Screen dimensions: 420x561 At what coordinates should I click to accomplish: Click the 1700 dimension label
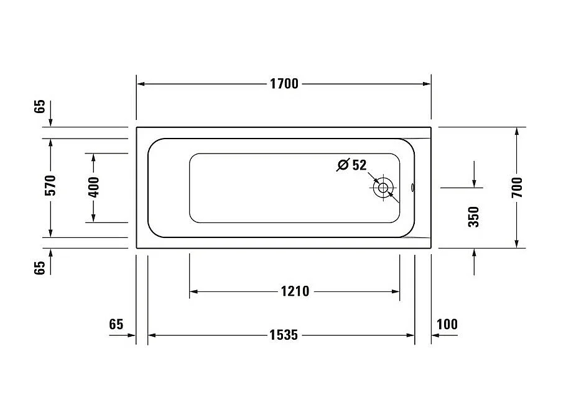(284, 84)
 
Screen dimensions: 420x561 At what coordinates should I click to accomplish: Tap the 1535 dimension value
(284, 335)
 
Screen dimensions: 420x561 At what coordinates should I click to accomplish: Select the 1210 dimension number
(295, 291)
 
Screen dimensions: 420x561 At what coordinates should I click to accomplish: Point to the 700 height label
(517, 187)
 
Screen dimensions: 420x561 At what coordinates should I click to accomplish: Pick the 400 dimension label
(94, 187)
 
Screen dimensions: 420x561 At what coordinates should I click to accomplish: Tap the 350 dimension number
(474, 217)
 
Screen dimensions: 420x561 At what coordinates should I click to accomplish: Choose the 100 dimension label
(447, 324)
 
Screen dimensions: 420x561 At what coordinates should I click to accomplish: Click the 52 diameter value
(359, 165)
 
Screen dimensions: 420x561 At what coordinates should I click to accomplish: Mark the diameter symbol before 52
(342, 165)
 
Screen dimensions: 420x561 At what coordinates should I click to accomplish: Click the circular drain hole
(382, 188)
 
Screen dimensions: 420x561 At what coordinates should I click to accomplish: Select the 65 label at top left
(40, 106)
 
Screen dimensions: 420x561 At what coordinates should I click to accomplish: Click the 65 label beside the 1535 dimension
(116, 324)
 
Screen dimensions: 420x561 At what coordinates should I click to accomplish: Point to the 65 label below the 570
(40, 268)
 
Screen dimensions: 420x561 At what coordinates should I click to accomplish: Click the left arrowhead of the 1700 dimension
(141, 84)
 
